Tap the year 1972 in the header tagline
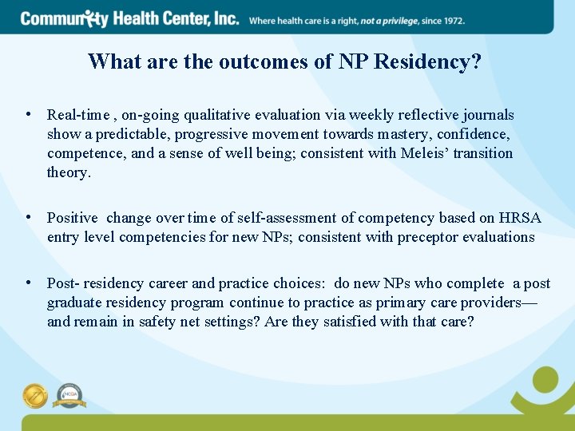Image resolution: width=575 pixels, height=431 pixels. coord(451,20)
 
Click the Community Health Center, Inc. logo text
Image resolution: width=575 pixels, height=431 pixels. coord(129,18)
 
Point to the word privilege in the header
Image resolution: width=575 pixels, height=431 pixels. coord(404,20)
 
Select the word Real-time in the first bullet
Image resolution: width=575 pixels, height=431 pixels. coord(75,115)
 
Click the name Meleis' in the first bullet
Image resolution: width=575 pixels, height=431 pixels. coord(425,153)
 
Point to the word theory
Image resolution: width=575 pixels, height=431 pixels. coord(69,172)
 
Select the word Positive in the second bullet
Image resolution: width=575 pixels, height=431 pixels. coord(72,218)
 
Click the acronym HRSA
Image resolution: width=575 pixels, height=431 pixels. coord(520,218)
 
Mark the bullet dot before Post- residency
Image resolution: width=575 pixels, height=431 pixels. coord(30,283)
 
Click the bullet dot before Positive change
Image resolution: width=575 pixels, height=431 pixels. coord(30,217)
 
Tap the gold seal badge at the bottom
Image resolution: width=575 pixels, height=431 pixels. coord(36,395)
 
